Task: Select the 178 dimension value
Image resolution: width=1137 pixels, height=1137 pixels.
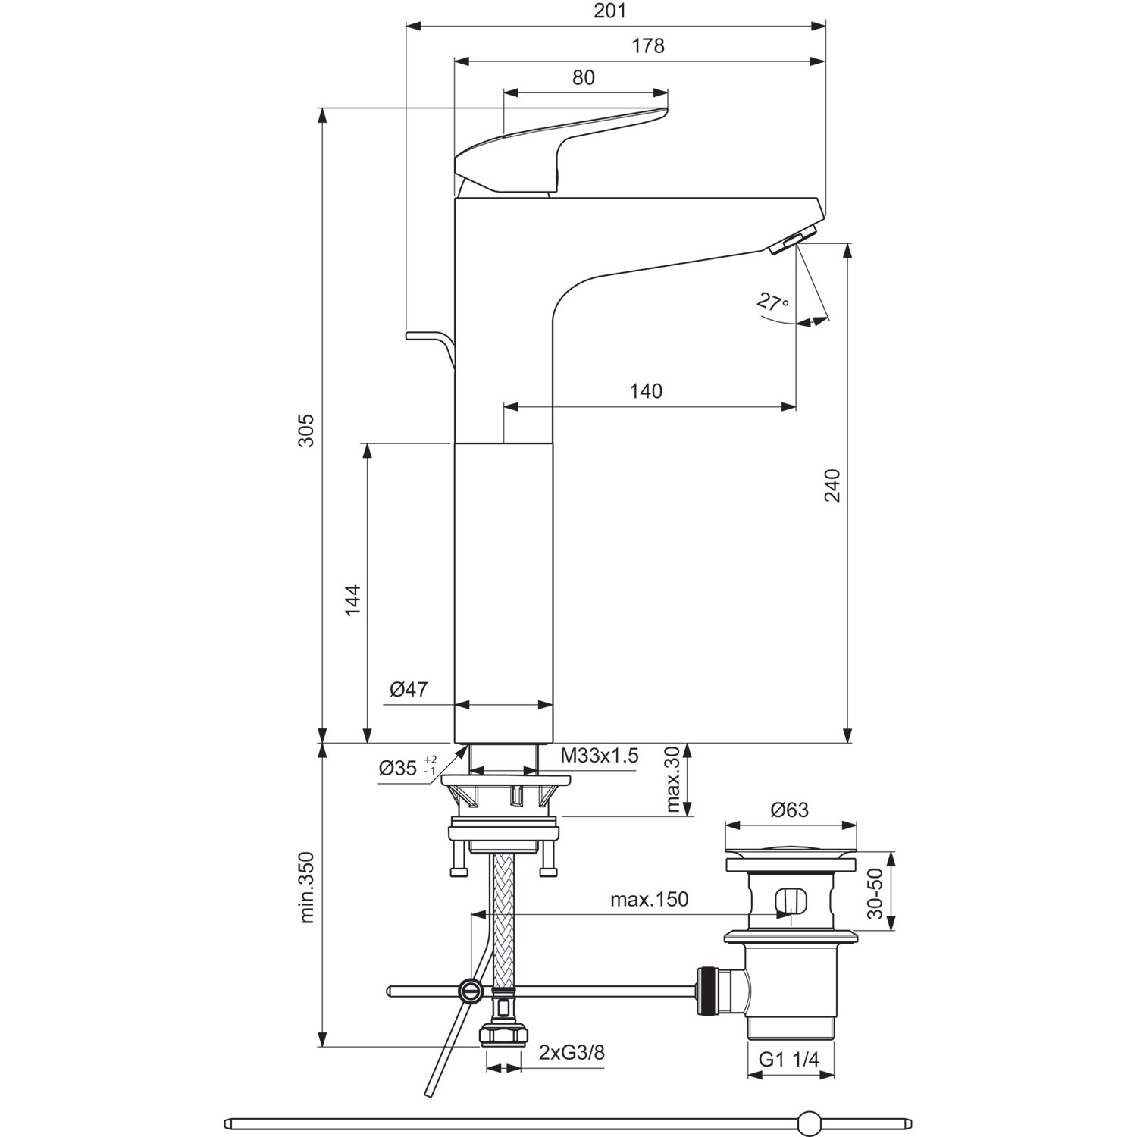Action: tap(647, 46)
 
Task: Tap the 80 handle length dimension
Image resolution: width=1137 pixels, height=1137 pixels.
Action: tap(583, 77)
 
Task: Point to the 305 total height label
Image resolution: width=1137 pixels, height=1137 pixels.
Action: tap(305, 430)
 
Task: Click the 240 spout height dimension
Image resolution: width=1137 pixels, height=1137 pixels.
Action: tap(832, 485)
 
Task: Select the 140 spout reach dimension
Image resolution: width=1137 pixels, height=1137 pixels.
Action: tap(646, 391)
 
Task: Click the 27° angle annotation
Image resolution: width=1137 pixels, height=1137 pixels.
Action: tap(772, 302)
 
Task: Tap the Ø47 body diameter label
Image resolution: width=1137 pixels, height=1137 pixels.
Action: tap(409, 689)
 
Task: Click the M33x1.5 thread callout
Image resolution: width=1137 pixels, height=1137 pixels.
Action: tap(600, 755)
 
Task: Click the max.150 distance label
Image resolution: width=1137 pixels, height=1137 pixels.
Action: tap(649, 900)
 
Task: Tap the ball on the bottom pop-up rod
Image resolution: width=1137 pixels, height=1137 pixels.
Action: tap(810, 1122)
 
